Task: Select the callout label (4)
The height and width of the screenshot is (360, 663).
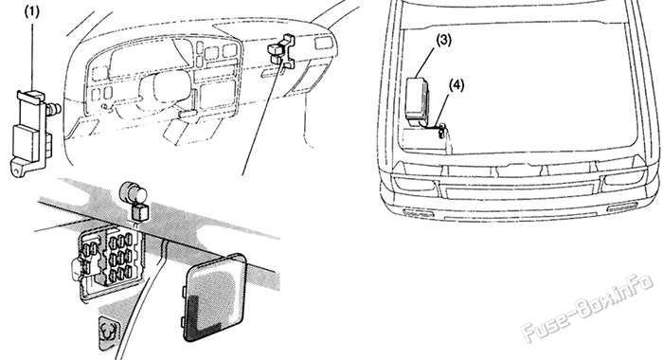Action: (457, 84)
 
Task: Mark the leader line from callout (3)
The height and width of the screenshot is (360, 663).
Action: (435, 59)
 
